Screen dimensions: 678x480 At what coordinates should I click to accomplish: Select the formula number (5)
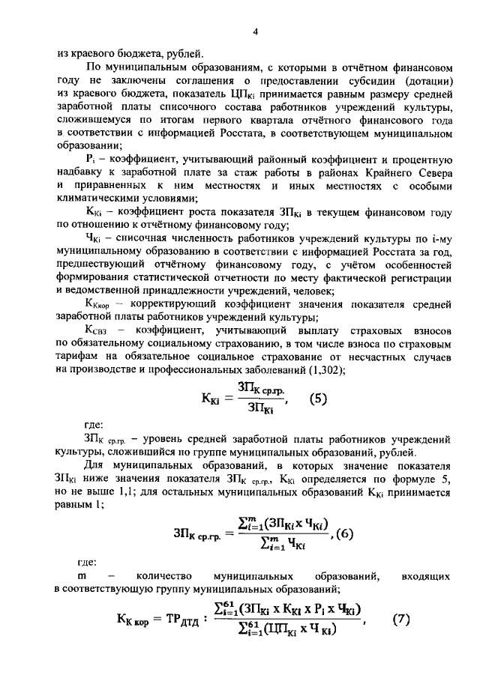click(319, 399)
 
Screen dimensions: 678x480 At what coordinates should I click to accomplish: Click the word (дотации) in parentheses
click(420, 81)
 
